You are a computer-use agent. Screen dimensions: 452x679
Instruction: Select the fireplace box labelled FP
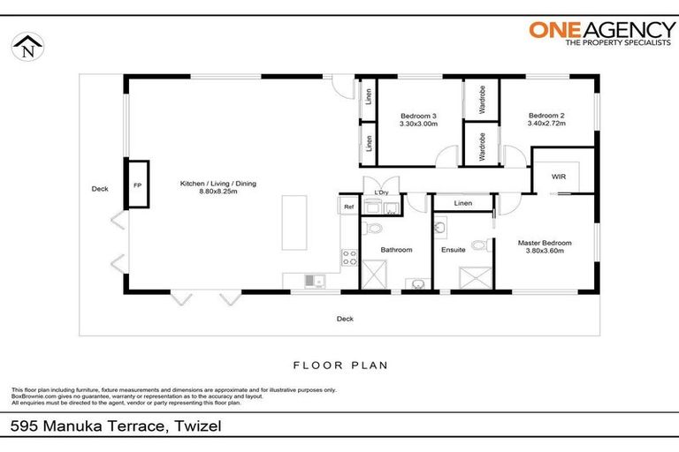[137, 186]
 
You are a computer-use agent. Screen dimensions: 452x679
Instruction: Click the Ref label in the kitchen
[348, 207]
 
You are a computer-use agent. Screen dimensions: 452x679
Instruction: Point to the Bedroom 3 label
[418, 117]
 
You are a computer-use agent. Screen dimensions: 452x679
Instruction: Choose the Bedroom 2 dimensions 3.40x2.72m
[546, 124]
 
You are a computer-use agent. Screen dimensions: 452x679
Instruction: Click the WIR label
[558, 177]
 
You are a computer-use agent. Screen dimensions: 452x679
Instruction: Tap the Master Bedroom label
[545, 243]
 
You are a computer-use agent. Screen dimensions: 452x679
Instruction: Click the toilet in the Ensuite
[478, 245]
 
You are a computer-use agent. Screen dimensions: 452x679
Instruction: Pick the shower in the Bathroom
[373, 278]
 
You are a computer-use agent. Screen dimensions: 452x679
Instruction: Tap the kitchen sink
[312, 281]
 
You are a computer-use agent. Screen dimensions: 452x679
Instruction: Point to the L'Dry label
[382, 193]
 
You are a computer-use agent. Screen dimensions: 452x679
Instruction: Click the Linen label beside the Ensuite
[462, 203]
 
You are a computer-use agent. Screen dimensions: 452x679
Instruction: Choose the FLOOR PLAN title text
[339, 364]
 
